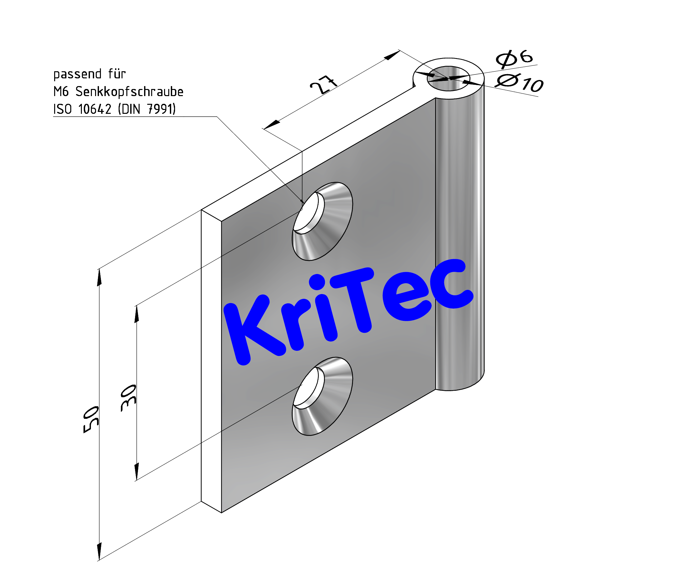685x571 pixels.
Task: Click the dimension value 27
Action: [x=323, y=85]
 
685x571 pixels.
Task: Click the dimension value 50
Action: [x=91, y=419]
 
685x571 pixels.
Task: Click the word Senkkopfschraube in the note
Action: [x=129, y=92]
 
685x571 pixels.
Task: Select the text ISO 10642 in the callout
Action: [x=82, y=109]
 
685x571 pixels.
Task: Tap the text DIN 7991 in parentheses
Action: [x=147, y=109]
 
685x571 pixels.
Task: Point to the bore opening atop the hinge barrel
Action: [x=448, y=79]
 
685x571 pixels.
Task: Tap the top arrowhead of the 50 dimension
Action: [x=99, y=277]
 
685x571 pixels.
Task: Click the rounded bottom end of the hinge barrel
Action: [x=460, y=385]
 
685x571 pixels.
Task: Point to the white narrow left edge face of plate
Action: [x=211, y=359]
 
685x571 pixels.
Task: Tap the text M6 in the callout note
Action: [x=61, y=92]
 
